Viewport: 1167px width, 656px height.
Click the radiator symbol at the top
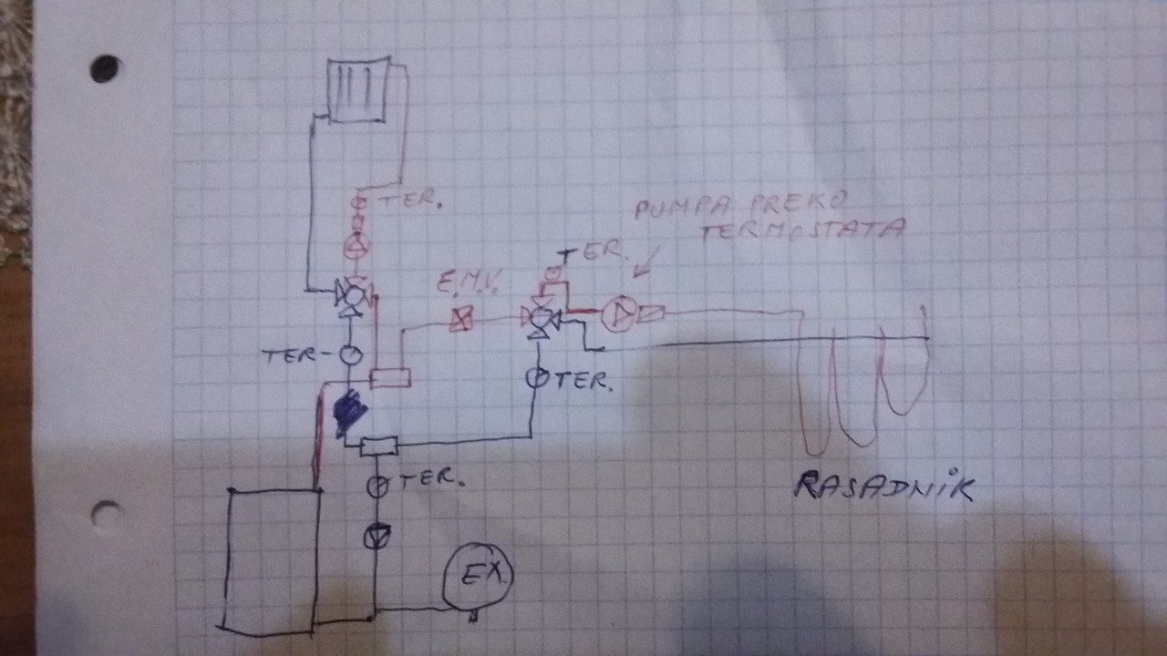[359, 88]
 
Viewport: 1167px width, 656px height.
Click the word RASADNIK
[883, 487]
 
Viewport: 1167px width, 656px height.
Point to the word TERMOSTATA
[802, 229]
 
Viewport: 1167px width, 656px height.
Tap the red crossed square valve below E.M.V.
[461, 319]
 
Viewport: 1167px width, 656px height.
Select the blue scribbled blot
[349, 413]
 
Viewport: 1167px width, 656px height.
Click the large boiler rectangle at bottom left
[271, 559]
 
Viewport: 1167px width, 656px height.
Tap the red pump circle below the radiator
[356, 244]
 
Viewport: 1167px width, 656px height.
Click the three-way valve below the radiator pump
[351, 295]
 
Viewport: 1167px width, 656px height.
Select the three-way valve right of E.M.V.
[542, 319]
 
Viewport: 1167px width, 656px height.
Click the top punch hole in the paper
[105, 68]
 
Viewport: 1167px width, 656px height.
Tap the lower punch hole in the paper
[106, 516]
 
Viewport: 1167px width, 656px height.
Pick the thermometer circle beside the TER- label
[350, 354]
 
